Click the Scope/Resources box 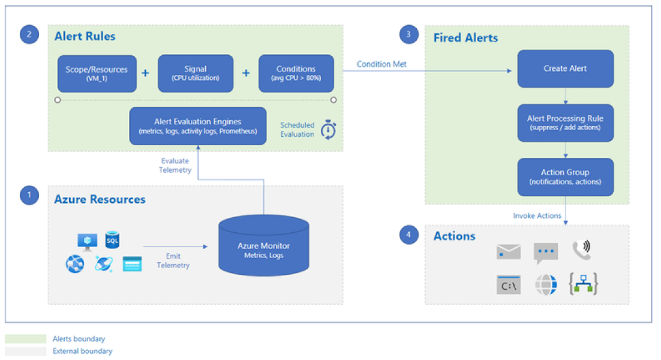point(97,73)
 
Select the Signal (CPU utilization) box point(196,73)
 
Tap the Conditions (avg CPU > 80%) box point(296,73)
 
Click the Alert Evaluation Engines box point(197,126)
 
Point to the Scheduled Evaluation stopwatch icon point(328,130)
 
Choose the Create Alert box point(565,68)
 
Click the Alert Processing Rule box point(565,123)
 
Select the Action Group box point(565,177)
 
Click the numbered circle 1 point(29,195)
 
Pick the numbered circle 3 point(408,34)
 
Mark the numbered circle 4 point(408,235)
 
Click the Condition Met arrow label point(381,64)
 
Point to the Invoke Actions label point(537,215)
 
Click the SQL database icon point(112,241)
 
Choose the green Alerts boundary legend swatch point(25,339)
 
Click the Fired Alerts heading point(465,38)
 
